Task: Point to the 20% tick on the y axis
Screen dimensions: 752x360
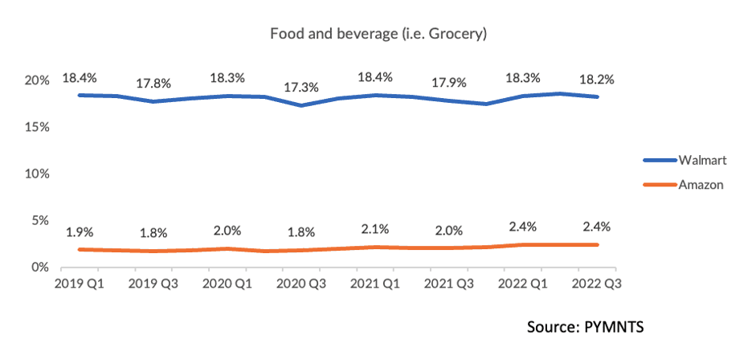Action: click(38, 80)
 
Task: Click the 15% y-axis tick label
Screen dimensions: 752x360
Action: click(38, 128)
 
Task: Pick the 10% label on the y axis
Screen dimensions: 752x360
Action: click(38, 174)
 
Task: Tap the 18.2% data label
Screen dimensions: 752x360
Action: click(598, 80)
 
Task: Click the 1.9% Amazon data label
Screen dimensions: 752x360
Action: click(80, 231)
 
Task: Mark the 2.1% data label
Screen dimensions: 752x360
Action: click(376, 230)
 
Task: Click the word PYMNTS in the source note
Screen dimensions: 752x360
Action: click(615, 327)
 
